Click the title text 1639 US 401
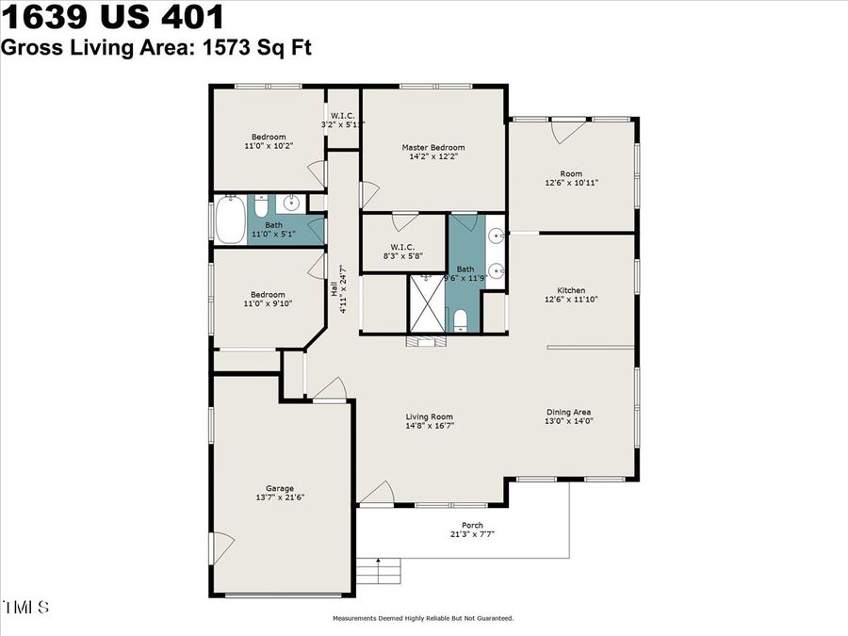(113, 17)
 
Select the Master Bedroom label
(432, 148)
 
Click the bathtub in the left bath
(230, 220)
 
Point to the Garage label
(280, 488)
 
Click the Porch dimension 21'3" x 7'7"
(472, 534)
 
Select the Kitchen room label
(571, 290)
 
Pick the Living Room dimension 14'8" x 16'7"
(430, 426)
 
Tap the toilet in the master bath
(460, 323)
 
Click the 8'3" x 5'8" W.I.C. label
(402, 254)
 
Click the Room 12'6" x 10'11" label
(571, 179)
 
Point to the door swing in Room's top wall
(564, 131)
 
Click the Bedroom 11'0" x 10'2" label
(268, 142)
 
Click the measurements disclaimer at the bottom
(422, 619)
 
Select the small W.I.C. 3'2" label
(342, 120)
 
